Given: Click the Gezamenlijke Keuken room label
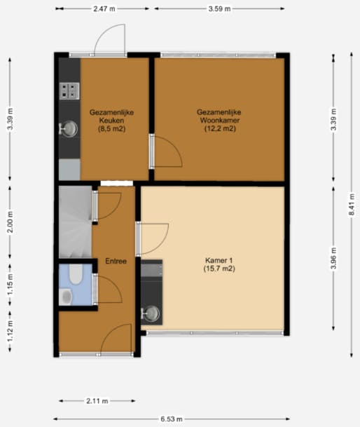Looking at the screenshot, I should [x=107, y=120].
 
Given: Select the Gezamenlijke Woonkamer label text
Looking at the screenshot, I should [x=219, y=120].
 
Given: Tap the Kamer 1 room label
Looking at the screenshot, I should [x=219, y=264].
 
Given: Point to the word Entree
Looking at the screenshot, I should [x=116, y=262].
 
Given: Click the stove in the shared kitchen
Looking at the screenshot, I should [x=69, y=89].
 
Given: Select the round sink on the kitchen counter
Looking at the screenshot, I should [x=69, y=128].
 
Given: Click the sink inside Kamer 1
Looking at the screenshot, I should [x=151, y=313].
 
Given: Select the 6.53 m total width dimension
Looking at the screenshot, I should [x=170, y=419].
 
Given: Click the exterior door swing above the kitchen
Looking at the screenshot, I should [x=112, y=39].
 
